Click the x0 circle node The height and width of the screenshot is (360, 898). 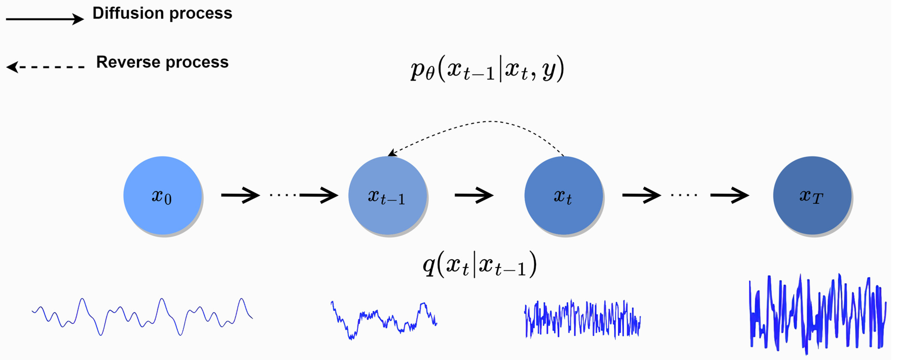coord(162,195)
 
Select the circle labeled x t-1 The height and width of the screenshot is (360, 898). coord(387,195)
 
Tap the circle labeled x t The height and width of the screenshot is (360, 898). coord(564,195)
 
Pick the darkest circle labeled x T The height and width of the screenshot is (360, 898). coord(812,195)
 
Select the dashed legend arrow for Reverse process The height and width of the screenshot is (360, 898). coord(45,67)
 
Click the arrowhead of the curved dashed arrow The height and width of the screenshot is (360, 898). coord(392,153)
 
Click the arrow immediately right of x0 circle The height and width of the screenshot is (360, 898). coord(240,195)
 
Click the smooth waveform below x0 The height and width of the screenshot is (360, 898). coord(142,316)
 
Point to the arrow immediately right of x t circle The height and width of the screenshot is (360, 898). coord(641,195)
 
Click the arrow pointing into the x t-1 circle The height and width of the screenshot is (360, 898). coord(319,195)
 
